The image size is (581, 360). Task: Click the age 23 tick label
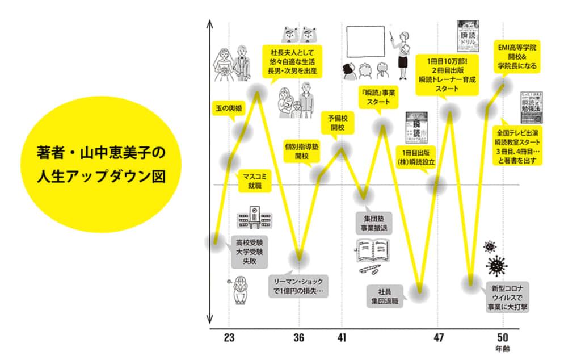[x=229, y=338]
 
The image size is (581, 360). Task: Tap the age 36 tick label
[x=299, y=338]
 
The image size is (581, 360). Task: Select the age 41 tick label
[x=342, y=338]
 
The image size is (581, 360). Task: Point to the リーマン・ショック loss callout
[x=299, y=285]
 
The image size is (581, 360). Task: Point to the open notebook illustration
[x=373, y=253]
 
